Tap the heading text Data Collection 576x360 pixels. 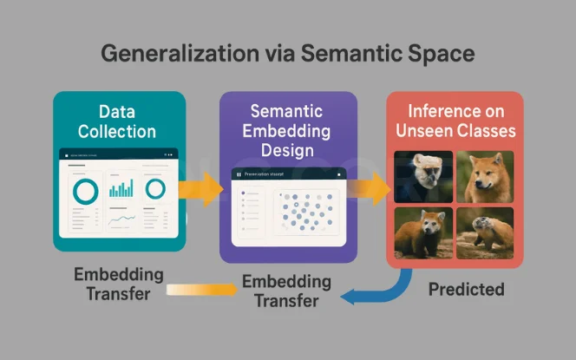pyautogui.click(x=117, y=121)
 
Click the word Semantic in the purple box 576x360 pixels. pyautogui.click(x=287, y=111)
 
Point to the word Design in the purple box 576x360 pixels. pyautogui.click(x=287, y=150)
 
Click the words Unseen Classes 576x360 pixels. pyautogui.click(x=455, y=131)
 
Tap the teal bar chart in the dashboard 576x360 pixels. pyautogui.click(x=121, y=187)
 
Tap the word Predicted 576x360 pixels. pyautogui.click(x=466, y=290)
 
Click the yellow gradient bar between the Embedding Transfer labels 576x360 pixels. pyautogui.click(x=201, y=291)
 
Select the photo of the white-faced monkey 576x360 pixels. pyautogui.click(x=423, y=176)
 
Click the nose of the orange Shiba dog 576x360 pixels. pyautogui.click(x=480, y=185)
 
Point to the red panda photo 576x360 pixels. pyautogui.click(x=423, y=232)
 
